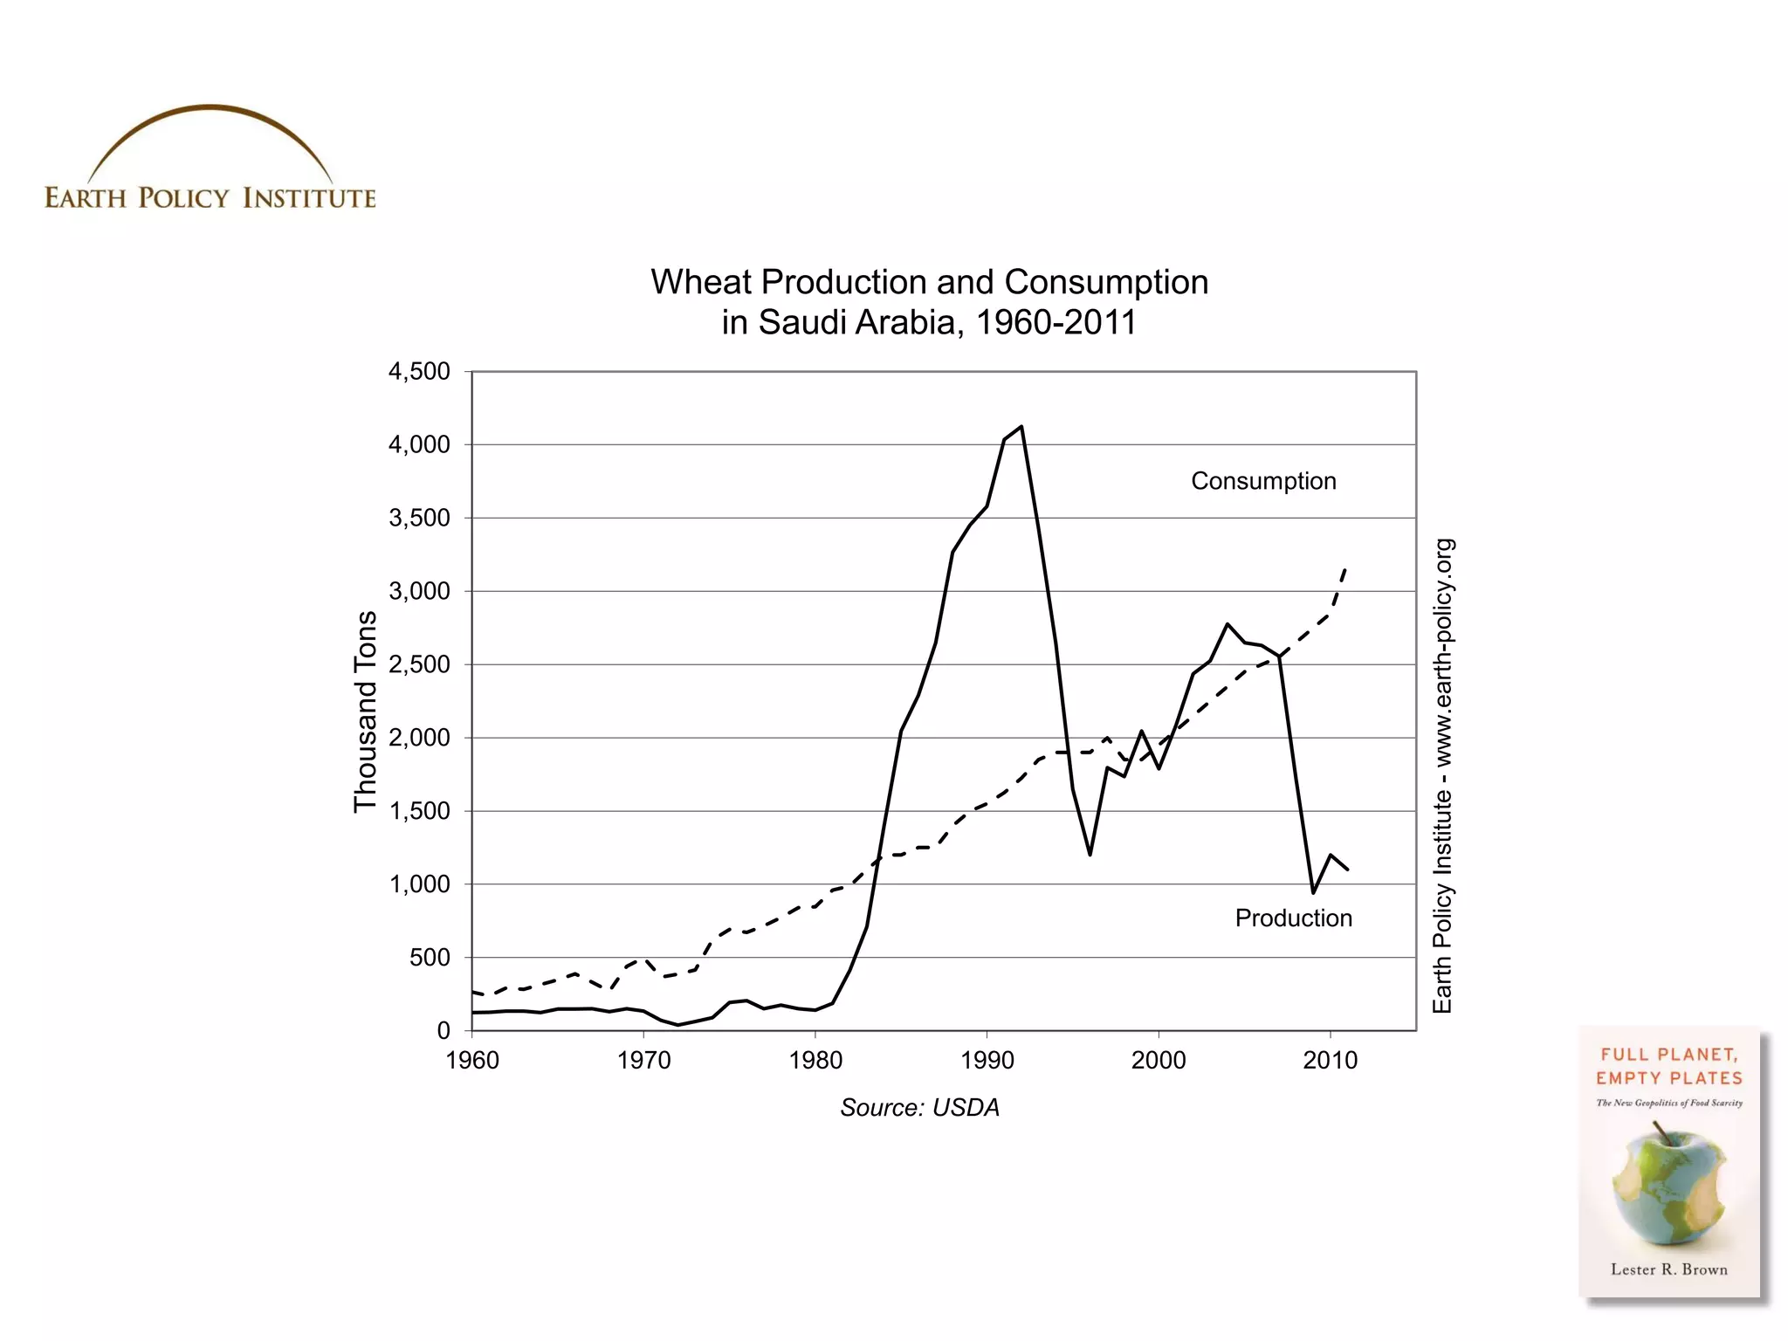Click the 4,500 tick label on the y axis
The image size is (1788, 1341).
(419, 372)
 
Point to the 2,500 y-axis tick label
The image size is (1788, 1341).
(419, 665)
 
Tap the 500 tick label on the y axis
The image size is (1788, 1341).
(430, 959)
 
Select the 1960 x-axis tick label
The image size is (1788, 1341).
(472, 1061)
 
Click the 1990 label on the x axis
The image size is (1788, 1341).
(987, 1061)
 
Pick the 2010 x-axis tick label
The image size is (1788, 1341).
(1330, 1061)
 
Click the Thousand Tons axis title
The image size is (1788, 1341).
(365, 712)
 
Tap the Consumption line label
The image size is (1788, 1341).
(1263, 481)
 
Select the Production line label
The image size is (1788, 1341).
(1293, 918)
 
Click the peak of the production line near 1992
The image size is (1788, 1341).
(1021, 427)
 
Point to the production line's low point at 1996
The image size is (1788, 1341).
(1090, 854)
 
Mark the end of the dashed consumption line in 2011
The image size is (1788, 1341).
(1345, 569)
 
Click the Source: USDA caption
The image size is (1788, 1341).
(919, 1108)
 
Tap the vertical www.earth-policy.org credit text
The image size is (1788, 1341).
(1443, 646)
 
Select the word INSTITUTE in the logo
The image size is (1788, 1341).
(309, 198)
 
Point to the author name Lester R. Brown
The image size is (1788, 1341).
(1668, 1270)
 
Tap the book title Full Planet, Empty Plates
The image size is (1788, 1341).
(1668, 1066)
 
